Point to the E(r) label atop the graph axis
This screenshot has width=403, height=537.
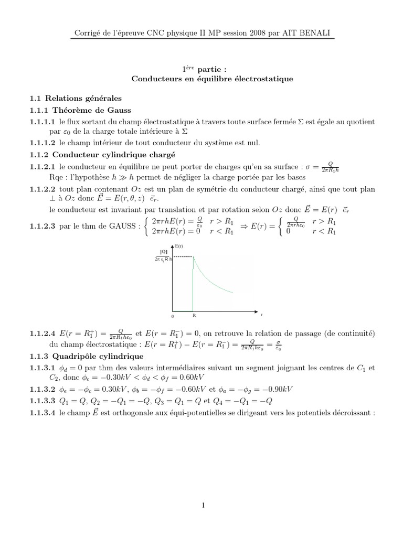[x=179, y=246]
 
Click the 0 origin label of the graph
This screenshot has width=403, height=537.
[x=172, y=317]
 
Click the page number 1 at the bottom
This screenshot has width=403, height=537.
[x=201, y=505]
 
